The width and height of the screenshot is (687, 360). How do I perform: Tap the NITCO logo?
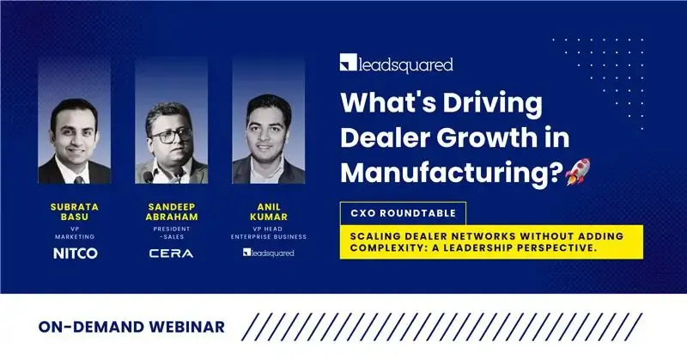(x=74, y=253)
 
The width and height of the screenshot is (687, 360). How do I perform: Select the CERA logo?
(x=171, y=253)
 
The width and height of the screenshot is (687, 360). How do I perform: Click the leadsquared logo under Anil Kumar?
(x=267, y=253)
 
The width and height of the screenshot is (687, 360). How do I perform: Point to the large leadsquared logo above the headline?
(x=396, y=64)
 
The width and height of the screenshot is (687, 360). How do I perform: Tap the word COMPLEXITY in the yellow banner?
(x=383, y=248)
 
